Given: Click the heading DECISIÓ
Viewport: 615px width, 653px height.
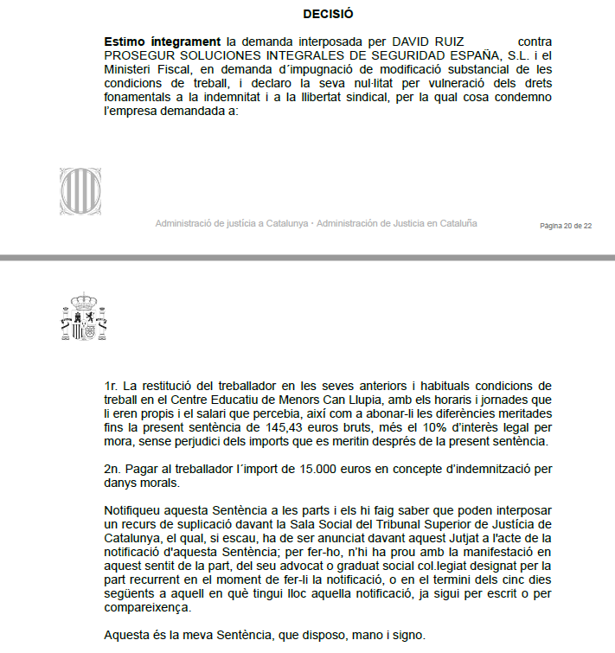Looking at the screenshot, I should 328,15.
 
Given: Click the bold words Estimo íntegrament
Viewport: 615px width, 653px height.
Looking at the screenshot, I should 162,41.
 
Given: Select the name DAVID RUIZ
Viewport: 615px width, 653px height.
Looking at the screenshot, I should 427,41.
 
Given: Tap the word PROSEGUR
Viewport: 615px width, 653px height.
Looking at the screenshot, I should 137,54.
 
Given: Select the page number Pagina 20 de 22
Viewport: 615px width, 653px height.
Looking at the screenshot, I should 566,226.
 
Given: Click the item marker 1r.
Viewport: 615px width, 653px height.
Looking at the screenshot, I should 110,385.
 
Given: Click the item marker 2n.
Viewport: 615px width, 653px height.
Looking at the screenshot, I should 111,469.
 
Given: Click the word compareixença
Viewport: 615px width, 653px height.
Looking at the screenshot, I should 147,608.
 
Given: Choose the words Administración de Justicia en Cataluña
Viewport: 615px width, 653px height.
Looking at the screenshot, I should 396,223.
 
